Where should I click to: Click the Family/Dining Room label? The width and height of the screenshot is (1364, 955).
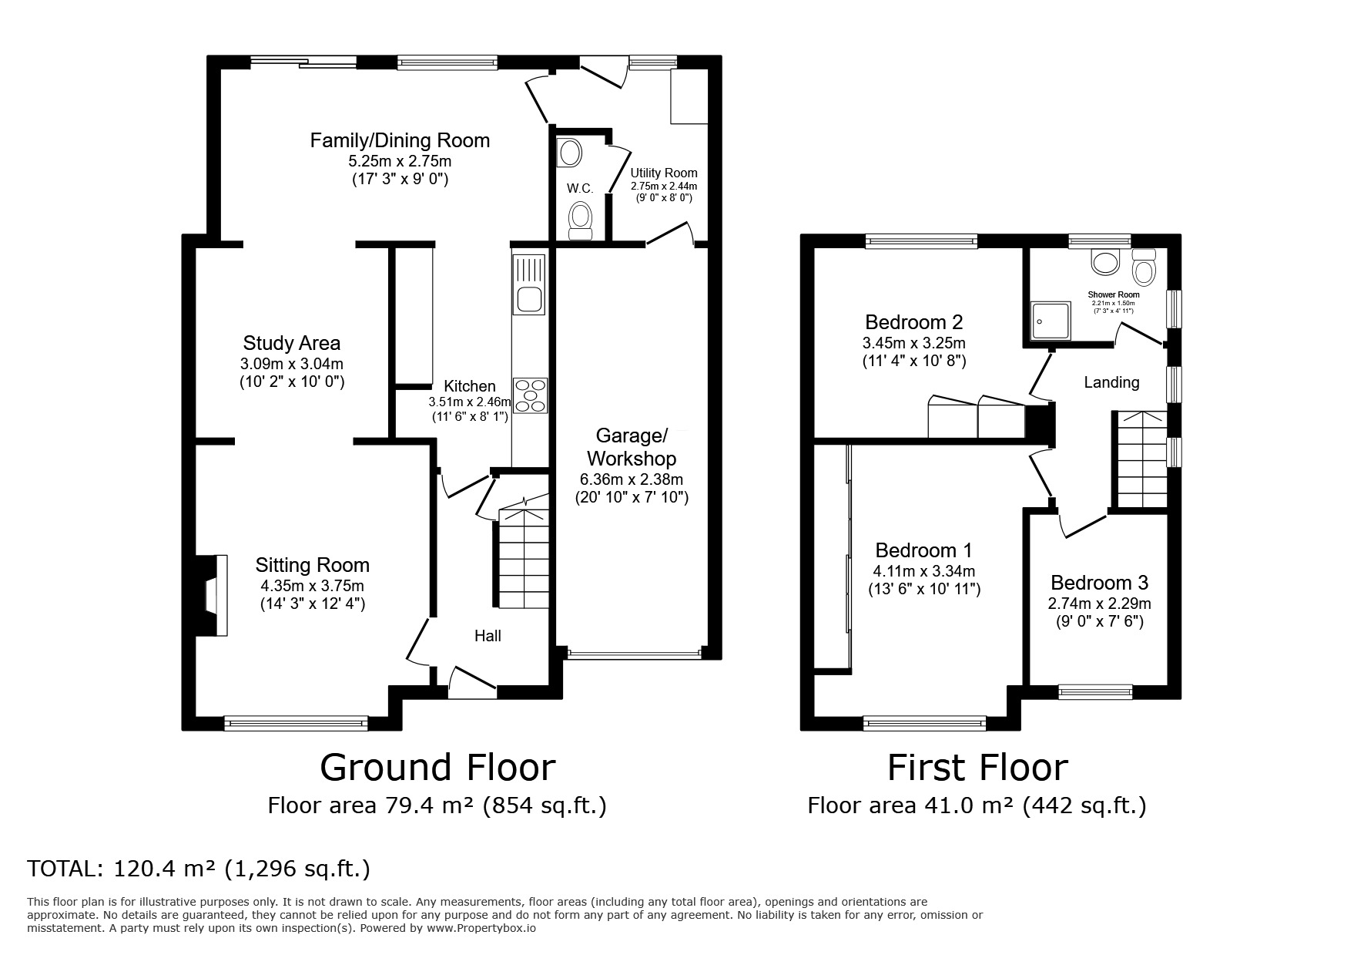tap(400, 140)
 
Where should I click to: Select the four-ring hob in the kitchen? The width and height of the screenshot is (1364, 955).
tap(530, 395)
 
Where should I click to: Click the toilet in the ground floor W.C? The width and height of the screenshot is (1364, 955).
tap(579, 221)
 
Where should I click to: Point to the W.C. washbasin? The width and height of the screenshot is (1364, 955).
tap(570, 153)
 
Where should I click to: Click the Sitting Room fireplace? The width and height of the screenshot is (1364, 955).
tap(211, 595)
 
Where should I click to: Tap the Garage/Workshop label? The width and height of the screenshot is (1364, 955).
tap(631, 447)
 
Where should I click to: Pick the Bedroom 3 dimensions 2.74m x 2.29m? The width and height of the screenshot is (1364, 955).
tap(1100, 604)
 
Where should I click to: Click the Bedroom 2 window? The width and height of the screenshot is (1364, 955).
tap(921, 241)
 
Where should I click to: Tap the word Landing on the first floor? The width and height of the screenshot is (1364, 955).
tap(1111, 382)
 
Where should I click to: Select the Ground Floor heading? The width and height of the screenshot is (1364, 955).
tap(437, 768)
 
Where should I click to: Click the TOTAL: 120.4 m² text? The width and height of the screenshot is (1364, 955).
tap(199, 869)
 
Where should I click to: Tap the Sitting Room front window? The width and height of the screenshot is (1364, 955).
tap(296, 723)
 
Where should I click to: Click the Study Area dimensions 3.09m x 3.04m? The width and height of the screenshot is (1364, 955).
tap(291, 364)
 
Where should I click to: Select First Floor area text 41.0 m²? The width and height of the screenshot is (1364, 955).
tap(977, 806)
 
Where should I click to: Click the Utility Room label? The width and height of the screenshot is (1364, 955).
tap(663, 173)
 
